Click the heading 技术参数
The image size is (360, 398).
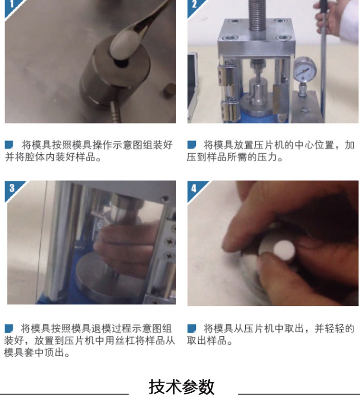181,387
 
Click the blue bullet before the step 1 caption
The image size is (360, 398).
9,145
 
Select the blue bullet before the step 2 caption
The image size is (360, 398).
192,145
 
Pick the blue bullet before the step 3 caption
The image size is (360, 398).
9,328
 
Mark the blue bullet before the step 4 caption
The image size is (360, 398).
192,328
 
